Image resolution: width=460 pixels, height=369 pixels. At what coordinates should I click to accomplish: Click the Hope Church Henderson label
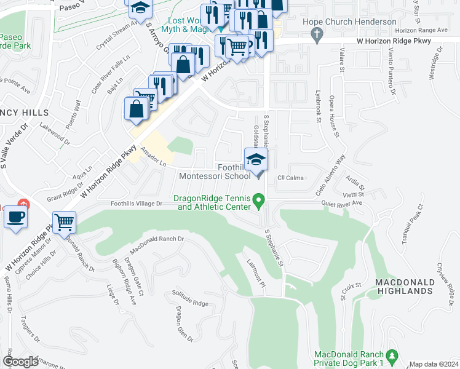[x=349, y=22]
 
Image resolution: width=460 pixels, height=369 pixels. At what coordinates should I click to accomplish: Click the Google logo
[x=21, y=361]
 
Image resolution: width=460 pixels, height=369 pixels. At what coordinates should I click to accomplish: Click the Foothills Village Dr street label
[x=136, y=204]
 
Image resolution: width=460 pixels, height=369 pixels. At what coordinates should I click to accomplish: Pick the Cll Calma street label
[x=290, y=178]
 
